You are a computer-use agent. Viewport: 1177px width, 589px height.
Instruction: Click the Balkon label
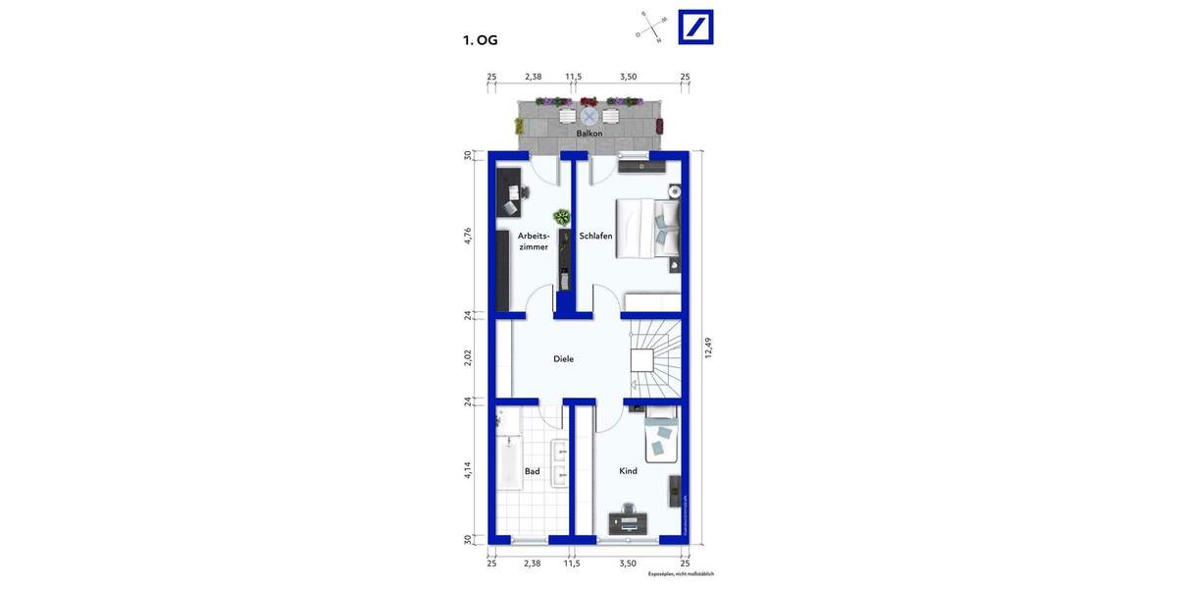(x=589, y=133)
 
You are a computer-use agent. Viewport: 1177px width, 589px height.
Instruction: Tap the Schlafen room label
(x=596, y=236)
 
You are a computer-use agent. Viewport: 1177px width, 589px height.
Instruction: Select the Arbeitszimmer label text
(x=533, y=241)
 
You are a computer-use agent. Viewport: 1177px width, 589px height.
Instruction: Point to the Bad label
(x=532, y=471)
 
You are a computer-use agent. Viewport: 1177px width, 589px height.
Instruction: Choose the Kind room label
(x=628, y=471)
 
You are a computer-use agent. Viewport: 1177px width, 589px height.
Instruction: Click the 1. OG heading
(x=481, y=40)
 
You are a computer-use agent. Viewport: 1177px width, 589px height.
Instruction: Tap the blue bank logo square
(x=696, y=27)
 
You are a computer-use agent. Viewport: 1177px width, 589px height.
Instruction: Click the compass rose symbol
(x=651, y=27)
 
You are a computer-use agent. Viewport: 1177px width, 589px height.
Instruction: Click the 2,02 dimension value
(x=469, y=357)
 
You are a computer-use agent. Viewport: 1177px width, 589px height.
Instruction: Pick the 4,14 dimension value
(x=469, y=471)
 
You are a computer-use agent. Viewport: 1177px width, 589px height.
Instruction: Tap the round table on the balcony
(x=588, y=116)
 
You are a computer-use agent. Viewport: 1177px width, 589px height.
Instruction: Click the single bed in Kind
(x=661, y=439)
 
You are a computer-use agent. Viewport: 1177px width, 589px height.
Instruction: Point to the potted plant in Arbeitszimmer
(x=561, y=217)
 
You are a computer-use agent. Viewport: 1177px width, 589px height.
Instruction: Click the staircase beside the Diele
(x=651, y=358)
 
